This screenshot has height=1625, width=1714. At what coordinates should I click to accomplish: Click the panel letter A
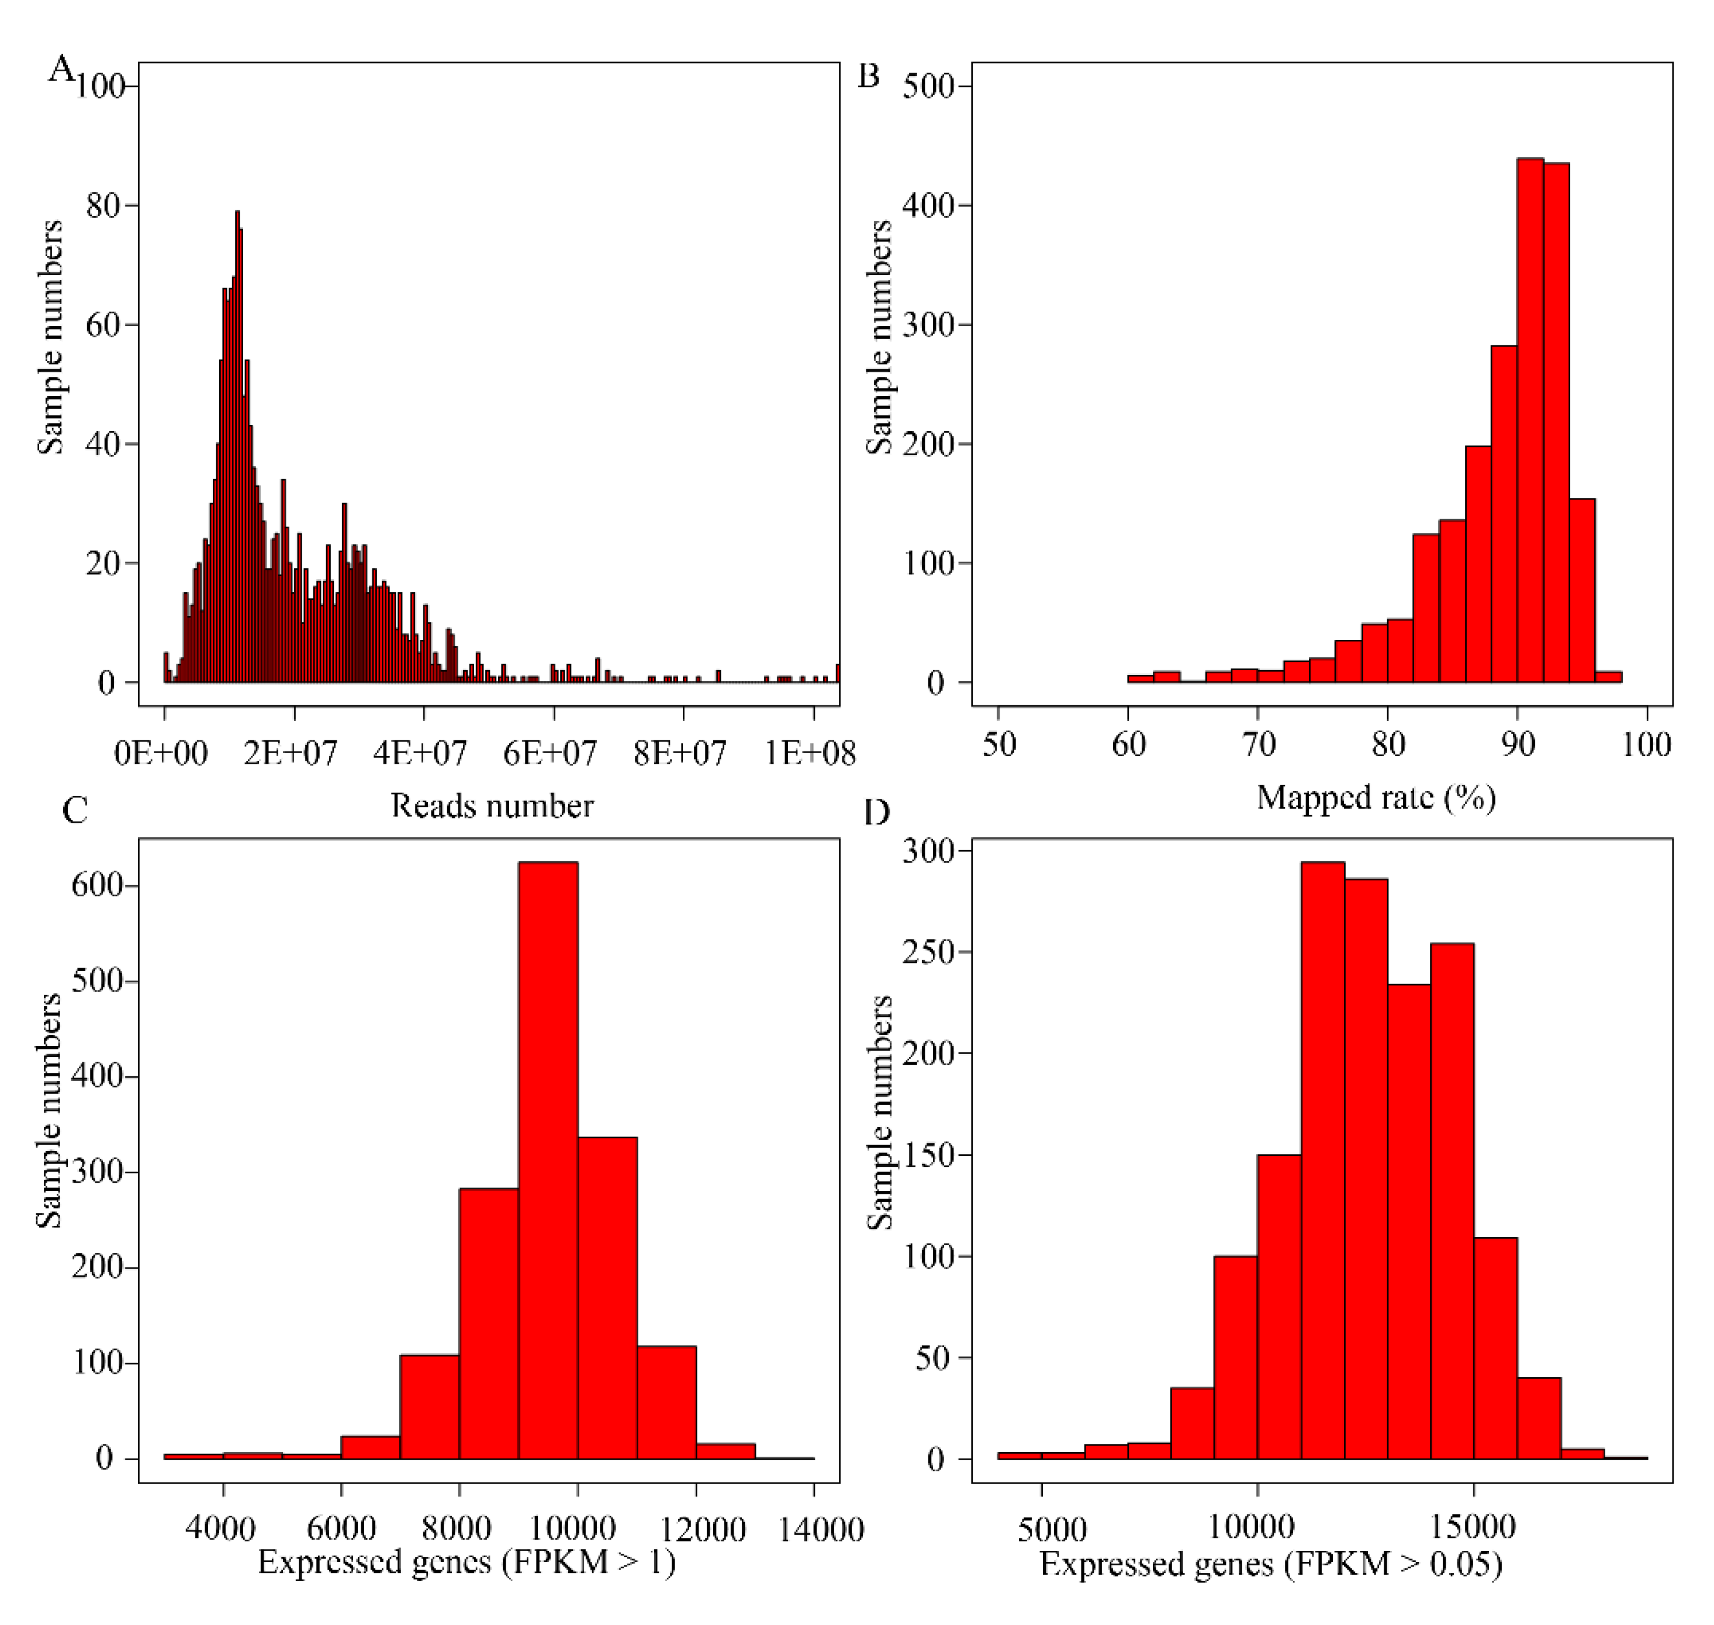tap(61, 68)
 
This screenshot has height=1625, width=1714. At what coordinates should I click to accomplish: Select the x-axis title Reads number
tap(492, 806)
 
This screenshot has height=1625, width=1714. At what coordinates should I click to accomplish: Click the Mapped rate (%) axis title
tap(1376, 798)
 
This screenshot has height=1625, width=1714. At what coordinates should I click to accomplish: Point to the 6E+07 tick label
tap(550, 753)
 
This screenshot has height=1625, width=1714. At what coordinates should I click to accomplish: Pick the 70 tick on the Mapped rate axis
tap(1258, 744)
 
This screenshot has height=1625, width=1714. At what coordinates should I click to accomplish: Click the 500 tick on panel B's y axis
tap(928, 86)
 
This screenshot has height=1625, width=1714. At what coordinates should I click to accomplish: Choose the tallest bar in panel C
tap(548, 1160)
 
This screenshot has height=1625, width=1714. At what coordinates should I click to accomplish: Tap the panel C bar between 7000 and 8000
tap(429, 1408)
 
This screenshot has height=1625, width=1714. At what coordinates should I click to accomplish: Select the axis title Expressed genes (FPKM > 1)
tap(466, 1562)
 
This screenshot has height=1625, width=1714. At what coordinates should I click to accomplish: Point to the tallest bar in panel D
tap(1322, 1160)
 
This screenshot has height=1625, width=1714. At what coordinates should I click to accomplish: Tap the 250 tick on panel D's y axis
tap(928, 952)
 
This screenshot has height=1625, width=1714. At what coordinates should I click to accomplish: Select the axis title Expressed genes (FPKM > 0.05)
tap(1270, 1564)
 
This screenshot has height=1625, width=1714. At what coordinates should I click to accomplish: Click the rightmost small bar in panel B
tap(1608, 677)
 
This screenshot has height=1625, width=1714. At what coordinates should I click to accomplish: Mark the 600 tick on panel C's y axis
tap(97, 885)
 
